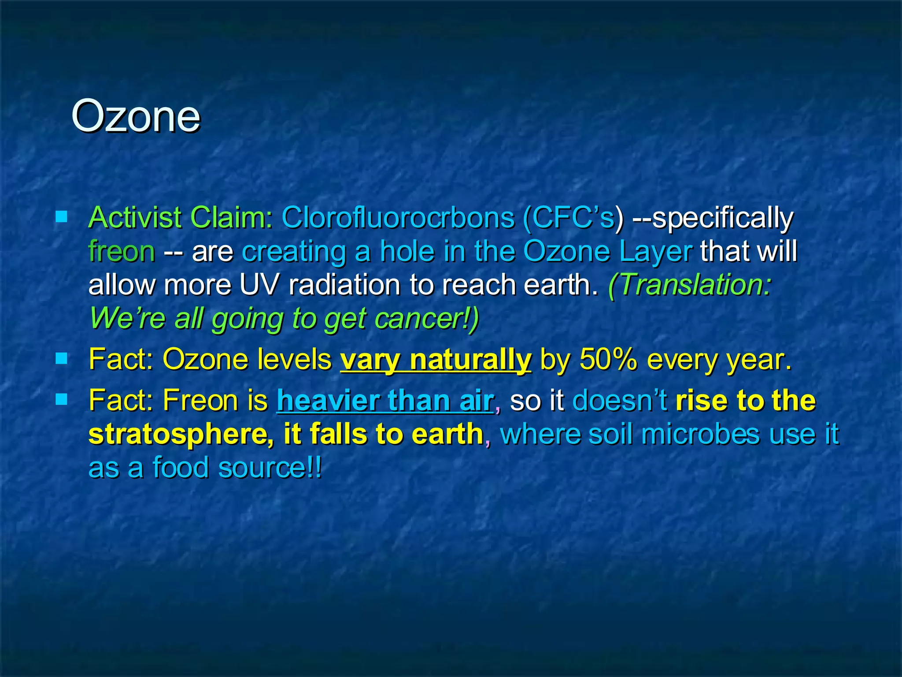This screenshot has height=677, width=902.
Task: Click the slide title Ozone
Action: [x=135, y=116]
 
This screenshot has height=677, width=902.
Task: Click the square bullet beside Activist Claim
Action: [x=62, y=216]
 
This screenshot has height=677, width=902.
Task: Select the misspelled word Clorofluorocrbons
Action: [x=397, y=217]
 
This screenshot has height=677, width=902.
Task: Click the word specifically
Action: [x=722, y=218]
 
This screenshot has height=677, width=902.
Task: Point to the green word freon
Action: [x=122, y=251]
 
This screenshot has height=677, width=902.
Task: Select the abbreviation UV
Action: [x=259, y=285]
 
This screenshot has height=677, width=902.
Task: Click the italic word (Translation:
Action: [x=689, y=285]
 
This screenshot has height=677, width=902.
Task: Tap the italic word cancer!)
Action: [x=427, y=318]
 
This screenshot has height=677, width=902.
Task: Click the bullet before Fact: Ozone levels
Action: [x=62, y=358]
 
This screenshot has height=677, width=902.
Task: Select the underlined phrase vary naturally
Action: [x=436, y=360]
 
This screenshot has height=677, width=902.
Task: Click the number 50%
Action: [x=608, y=360]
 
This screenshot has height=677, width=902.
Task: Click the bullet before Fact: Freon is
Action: [x=62, y=399]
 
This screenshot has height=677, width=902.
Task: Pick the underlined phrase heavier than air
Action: [x=385, y=401]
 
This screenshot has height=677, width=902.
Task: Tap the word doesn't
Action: [x=620, y=401]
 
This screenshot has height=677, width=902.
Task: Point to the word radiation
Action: [x=345, y=285]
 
